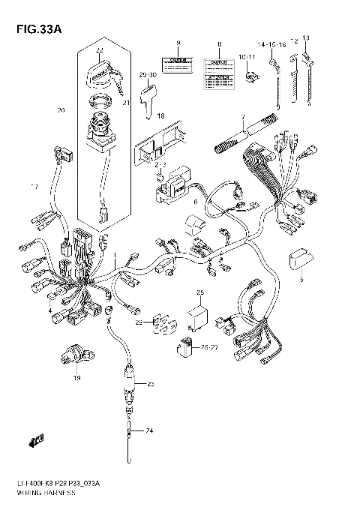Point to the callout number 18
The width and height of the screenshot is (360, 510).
click(160, 116)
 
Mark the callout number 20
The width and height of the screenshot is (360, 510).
click(61, 111)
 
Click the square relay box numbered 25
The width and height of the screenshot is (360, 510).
click(199, 309)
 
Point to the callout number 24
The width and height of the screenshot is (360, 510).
click(148, 431)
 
